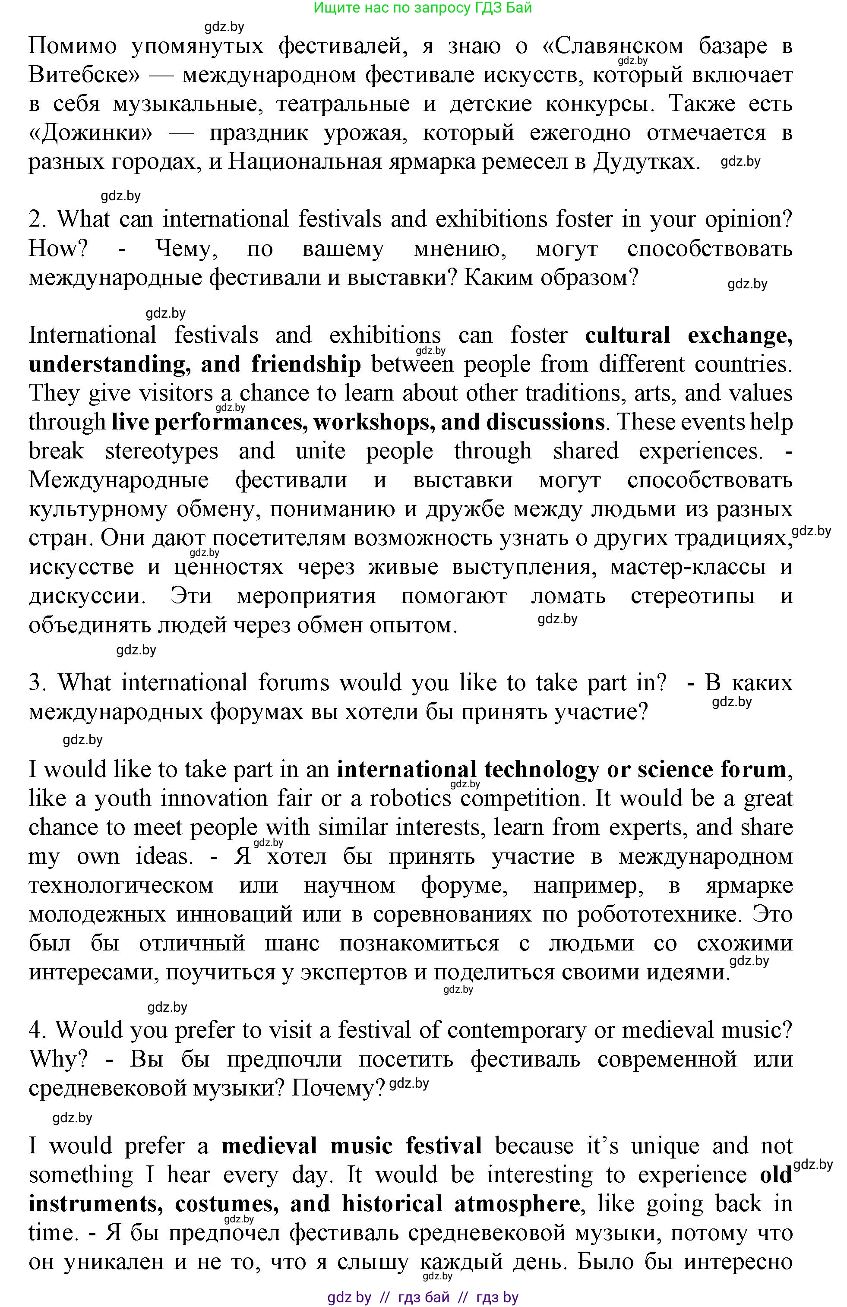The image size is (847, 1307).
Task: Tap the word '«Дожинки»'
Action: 90,133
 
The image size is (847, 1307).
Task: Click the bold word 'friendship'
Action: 306,365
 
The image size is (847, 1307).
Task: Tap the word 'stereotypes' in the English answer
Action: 161,451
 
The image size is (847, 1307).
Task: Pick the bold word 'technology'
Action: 541,769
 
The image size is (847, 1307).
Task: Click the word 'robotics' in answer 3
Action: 410,799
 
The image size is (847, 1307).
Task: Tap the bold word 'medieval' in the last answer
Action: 269,1146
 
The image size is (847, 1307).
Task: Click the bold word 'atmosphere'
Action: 516,1204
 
